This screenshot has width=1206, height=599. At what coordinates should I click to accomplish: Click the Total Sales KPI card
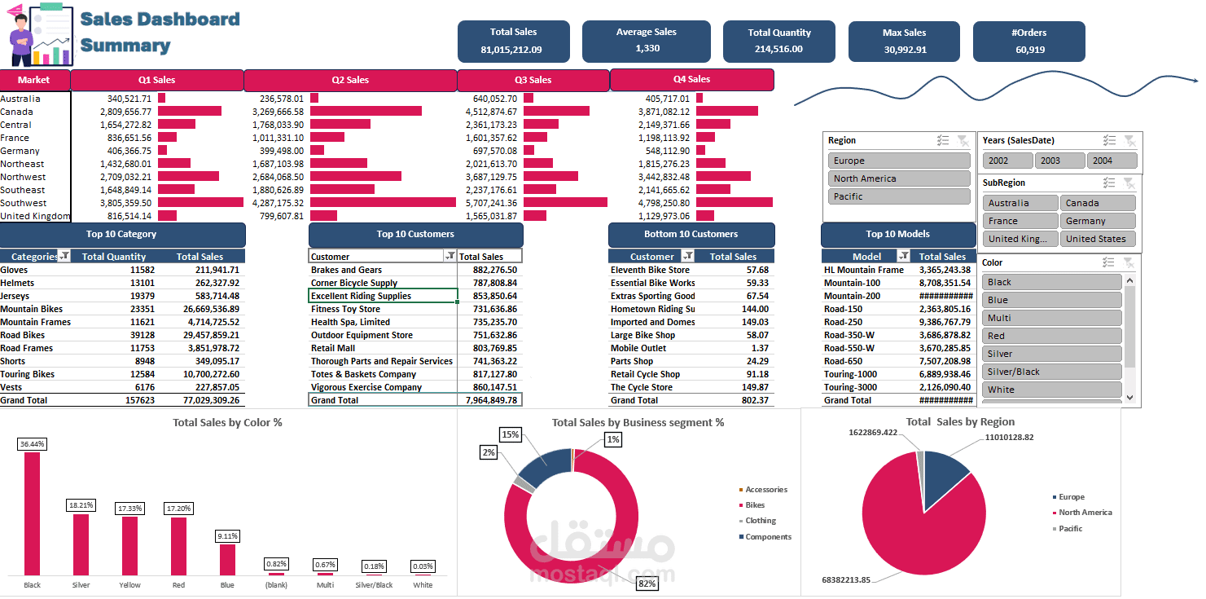(x=513, y=41)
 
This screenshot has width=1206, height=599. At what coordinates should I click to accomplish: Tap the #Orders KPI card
(x=1028, y=41)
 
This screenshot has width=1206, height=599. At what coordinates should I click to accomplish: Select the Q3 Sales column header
(x=533, y=80)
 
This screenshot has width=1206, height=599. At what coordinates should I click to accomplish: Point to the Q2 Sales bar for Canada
(x=366, y=111)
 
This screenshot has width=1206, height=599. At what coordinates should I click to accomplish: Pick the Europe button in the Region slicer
(x=898, y=161)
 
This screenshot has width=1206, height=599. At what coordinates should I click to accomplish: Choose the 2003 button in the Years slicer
(x=1059, y=161)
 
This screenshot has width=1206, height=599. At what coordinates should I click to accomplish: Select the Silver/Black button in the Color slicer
(x=1051, y=372)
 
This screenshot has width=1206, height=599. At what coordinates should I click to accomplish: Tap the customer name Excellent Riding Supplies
(x=361, y=296)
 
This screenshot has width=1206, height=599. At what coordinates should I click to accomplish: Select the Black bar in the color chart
(x=32, y=513)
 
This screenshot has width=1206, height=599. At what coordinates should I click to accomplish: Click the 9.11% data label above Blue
(x=227, y=536)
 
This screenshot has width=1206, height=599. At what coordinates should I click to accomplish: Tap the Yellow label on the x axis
(x=129, y=585)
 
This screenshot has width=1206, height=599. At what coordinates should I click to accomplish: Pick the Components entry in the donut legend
(x=768, y=536)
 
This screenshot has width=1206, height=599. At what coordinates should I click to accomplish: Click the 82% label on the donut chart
(x=647, y=583)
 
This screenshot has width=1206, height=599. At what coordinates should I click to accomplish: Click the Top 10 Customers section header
(x=415, y=235)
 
